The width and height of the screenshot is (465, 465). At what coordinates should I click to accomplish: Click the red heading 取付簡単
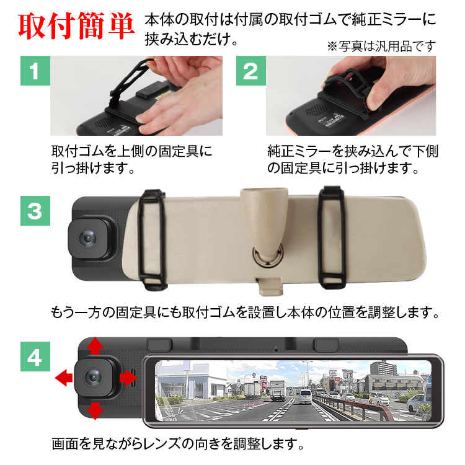[x=76, y=26]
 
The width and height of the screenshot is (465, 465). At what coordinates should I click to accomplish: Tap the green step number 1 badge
[x=35, y=71]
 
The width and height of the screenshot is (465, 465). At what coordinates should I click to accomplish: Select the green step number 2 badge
[x=251, y=71]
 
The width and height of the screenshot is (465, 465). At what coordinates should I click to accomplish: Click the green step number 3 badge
[x=35, y=211]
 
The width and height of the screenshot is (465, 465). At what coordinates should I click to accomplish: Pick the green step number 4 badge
[x=35, y=356]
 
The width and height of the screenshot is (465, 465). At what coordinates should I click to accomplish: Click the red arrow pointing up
[x=95, y=345]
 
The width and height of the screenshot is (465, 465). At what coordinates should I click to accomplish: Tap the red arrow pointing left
[x=64, y=378]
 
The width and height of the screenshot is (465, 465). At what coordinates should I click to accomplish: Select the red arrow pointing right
[x=128, y=378]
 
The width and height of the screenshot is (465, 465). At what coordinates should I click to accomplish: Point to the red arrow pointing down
[x=95, y=410]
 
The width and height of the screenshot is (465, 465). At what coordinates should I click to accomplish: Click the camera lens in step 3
[x=88, y=238]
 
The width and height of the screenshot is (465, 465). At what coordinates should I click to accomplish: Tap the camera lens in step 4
[x=94, y=377]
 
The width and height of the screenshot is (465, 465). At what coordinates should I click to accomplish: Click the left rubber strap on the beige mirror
[x=152, y=239]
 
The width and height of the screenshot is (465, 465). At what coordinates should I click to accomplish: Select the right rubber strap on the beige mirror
[x=332, y=237]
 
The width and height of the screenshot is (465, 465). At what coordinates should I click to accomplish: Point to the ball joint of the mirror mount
[x=267, y=255]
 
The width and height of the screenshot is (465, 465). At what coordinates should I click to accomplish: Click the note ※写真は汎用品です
[x=381, y=46]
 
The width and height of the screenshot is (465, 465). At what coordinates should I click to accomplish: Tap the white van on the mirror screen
[x=306, y=397]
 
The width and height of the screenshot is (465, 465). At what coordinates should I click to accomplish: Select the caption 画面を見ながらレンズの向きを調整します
[x=178, y=444]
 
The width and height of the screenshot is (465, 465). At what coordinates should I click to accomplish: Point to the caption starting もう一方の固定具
[x=245, y=312]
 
